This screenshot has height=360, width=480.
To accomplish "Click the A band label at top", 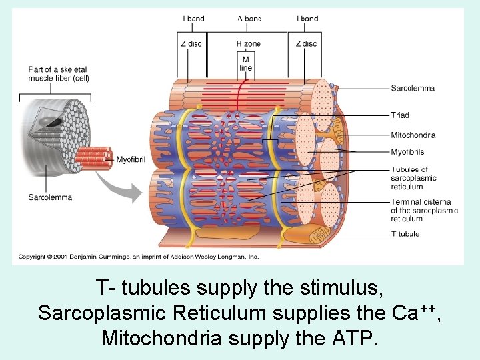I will click(249, 19).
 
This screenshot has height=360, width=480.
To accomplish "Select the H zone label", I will click(248, 44).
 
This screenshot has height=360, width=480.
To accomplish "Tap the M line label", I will click(246, 63).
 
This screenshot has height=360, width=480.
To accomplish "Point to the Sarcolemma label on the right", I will click(413, 88).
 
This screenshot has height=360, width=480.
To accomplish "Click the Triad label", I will click(400, 115).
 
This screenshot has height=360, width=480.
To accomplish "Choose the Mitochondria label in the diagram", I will click(413, 135).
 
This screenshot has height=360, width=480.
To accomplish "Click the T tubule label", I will click(405, 234).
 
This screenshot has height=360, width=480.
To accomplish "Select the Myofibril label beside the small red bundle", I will click(131, 159).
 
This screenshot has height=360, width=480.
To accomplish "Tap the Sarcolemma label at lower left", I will click(50, 197).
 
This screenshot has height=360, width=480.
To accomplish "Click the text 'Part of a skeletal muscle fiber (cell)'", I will click(58, 73).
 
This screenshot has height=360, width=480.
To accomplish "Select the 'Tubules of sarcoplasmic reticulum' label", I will click(413, 178).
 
